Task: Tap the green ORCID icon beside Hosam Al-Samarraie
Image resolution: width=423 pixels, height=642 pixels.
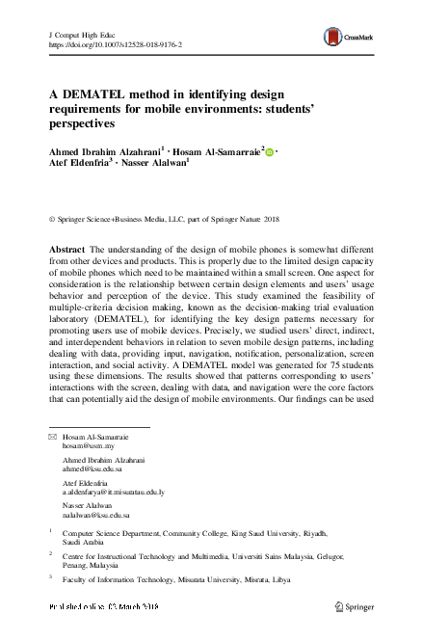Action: tap(269, 151)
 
